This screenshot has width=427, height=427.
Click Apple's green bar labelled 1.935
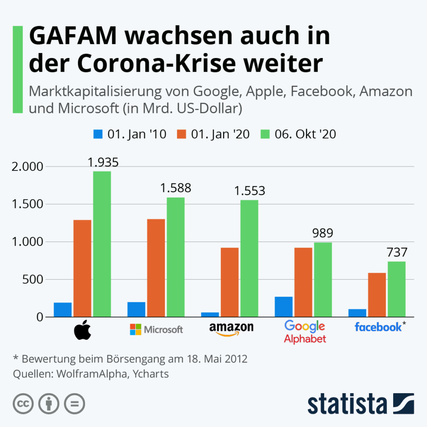[102, 244]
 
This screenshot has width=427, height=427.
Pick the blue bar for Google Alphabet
[284, 306]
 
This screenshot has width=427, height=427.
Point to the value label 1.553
[249, 191]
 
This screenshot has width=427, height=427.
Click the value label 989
[323, 234]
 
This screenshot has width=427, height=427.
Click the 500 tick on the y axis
[34, 279]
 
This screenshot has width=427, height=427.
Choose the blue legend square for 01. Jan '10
[98, 134]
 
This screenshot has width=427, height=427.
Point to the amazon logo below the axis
[231, 329]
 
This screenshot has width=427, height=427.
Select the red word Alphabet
[305, 339]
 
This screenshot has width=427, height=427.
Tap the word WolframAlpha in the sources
[92, 374]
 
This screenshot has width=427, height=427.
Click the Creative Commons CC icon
[23, 404]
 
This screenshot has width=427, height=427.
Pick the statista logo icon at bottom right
[403, 403]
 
